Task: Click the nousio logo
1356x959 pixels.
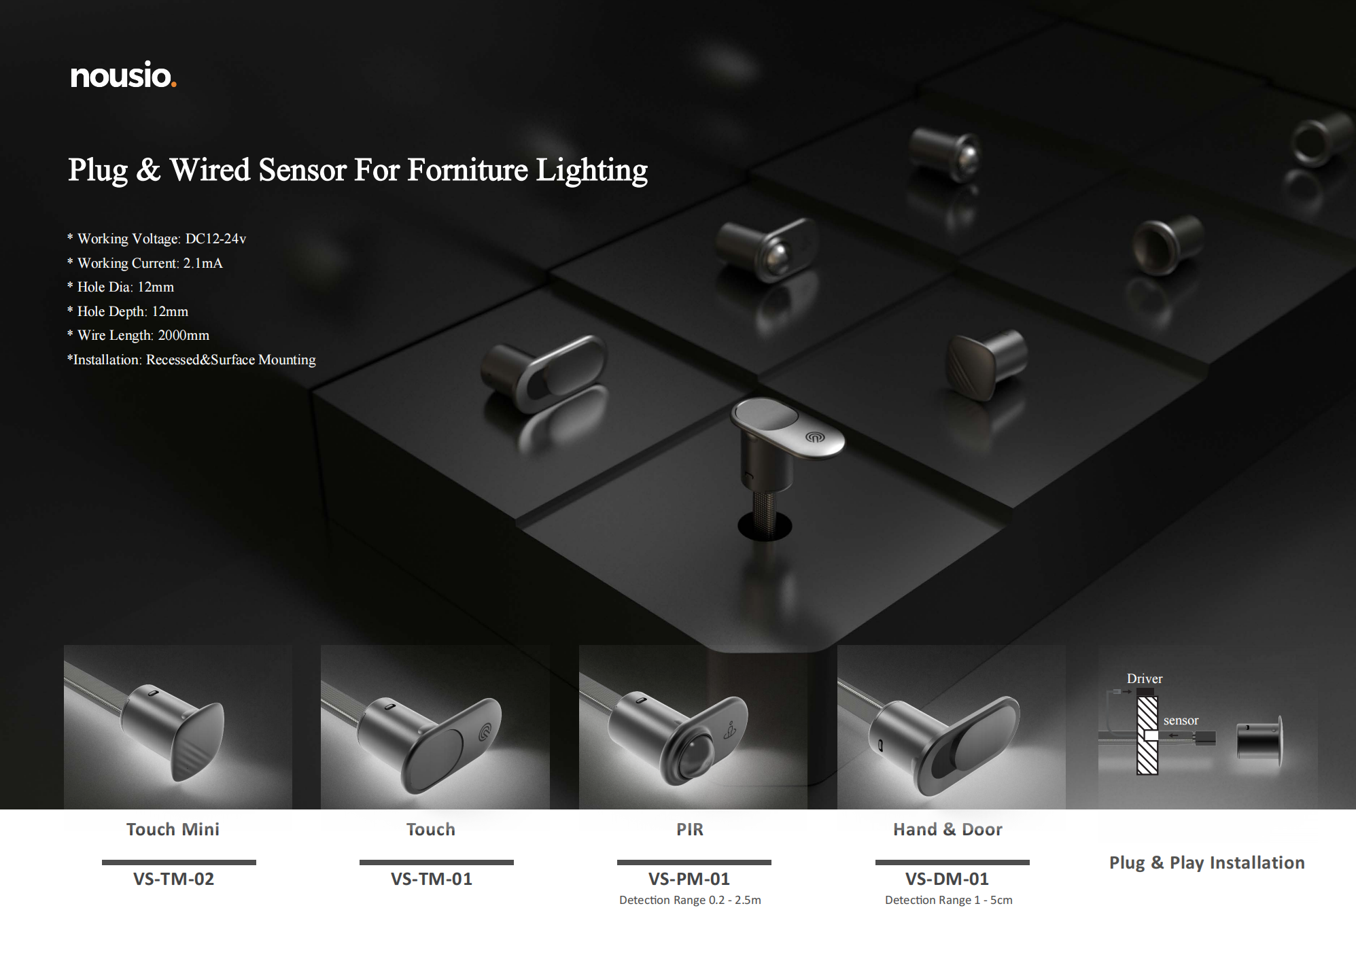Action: coord(123,75)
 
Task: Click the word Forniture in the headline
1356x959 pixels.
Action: coord(467,169)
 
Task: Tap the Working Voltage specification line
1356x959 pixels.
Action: coord(157,239)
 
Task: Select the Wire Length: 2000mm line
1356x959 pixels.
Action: coord(138,335)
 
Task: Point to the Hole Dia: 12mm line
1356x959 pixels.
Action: coord(120,287)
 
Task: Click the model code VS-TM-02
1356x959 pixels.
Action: coord(173,879)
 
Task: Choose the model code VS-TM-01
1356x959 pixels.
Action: coord(431,879)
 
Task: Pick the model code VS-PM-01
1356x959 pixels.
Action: coord(689,879)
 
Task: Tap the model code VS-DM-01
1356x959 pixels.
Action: coord(947,879)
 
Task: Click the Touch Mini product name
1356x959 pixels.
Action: coord(173,829)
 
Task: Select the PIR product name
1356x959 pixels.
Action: coord(690,829)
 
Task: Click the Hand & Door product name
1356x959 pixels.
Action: coord(948,829)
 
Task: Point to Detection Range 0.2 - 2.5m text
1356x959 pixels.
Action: coord(690,900)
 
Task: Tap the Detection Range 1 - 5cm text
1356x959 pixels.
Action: coord(949,900)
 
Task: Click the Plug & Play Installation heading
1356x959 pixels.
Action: coord(1207,862)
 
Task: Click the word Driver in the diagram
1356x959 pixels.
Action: coord(1145,678)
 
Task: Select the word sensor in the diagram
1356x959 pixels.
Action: coord(1181,720)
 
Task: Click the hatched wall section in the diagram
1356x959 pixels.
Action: coord(1147,735)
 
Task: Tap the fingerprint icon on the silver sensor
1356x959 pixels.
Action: coord(814,437)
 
